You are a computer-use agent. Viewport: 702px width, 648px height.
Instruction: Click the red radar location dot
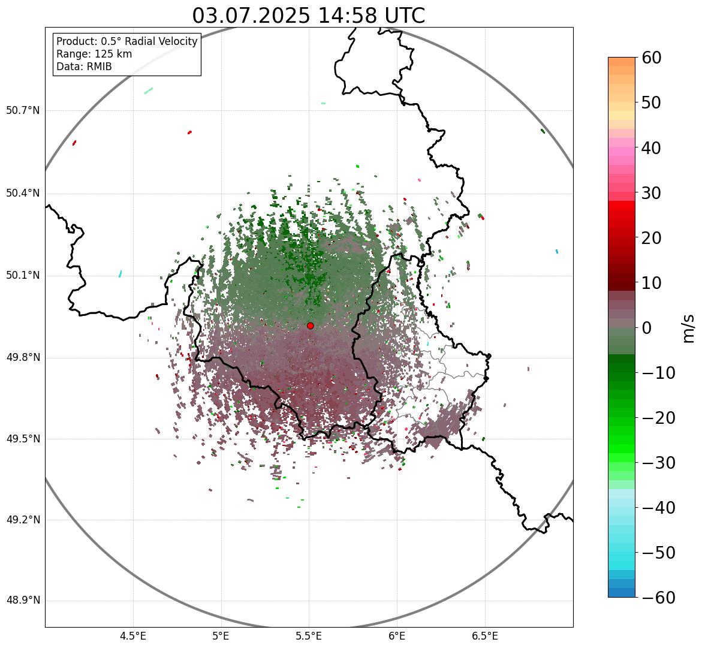click(x=310, y=325)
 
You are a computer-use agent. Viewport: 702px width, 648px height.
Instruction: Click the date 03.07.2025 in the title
click(x=251, y=16)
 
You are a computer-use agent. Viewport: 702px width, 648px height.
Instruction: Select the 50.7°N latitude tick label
click(x=23, y=111)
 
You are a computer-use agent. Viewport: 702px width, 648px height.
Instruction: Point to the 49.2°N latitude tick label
click(x=23, y=520)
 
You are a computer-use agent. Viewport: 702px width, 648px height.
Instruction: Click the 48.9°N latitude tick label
click(x=23, y=601)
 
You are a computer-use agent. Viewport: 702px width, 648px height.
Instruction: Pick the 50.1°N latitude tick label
click(x=23, y=276)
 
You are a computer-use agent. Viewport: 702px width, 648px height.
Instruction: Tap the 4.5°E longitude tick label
click(x=133, y=635)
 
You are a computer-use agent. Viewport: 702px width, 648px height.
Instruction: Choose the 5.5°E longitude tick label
click(x=309, y=635)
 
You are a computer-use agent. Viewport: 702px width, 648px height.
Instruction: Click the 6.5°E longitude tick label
click(x=484, y=635)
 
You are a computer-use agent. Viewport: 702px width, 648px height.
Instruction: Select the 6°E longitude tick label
click(x=397, y=635)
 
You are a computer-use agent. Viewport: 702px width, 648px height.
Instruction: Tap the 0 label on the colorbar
click(x=647, y=328)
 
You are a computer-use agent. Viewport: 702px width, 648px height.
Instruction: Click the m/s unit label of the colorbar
click(x=689, y=328)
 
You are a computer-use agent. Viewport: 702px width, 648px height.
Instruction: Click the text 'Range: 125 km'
click(x=94, y=54)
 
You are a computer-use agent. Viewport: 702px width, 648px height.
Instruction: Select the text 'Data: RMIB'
click(x=84, y=67)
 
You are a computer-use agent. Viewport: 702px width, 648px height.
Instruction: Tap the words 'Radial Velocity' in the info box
click(x=161, y=41)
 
